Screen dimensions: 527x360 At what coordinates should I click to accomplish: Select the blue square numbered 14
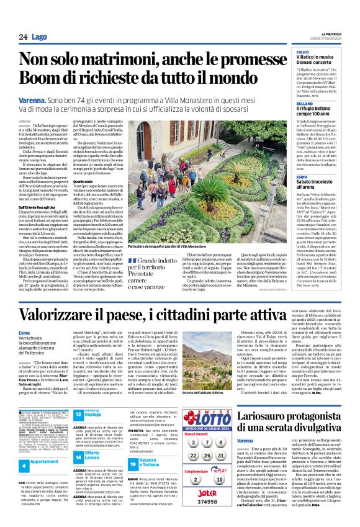pyautogui.click(x=78, y=441)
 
